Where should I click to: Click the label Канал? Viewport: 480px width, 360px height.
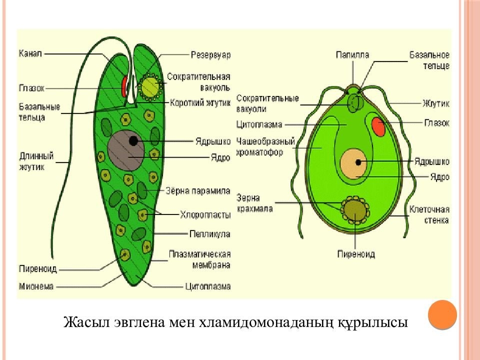30,53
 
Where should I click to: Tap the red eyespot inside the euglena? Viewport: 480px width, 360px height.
123,85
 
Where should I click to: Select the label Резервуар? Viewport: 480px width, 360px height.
210,55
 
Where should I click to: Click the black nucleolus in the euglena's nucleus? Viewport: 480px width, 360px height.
133,141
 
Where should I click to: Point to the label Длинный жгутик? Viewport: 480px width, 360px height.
36,161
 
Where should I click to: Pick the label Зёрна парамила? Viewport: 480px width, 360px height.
197,190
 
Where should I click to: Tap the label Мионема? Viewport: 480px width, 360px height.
36,286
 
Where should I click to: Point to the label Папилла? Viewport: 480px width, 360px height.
352,55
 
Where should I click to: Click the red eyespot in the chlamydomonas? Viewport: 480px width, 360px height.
378,127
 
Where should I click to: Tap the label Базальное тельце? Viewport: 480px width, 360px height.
429,60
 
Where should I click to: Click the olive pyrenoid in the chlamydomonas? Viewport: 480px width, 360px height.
355,209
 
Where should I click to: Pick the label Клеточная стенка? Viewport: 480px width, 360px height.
429,214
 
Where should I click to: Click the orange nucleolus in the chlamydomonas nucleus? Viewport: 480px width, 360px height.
358,162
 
